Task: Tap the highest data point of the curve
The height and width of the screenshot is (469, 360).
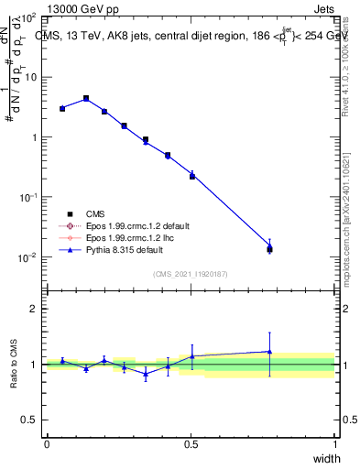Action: (86, 98)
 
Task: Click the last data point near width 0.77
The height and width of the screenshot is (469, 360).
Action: (269, 247)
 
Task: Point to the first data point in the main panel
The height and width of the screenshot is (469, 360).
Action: (62, 108)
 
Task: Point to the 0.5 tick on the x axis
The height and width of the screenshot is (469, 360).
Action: (191, 444)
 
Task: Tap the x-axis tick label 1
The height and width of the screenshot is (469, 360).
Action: (334, 444)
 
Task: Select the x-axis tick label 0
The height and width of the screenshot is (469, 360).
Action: (47, 444)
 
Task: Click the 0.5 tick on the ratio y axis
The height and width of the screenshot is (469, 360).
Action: (35, 420)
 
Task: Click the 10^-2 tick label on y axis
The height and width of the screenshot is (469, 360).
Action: (27, 257)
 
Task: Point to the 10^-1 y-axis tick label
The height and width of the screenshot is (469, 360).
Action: (27, 197)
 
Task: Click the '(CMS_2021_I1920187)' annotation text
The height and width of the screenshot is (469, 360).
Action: (191, 274)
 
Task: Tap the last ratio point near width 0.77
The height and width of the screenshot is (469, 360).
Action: (269, 352)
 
